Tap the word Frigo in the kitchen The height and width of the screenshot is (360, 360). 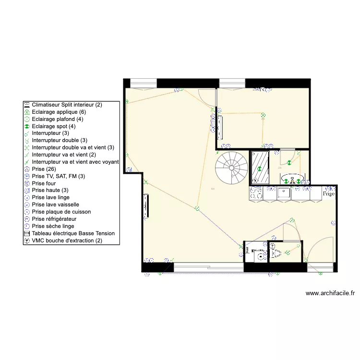328,194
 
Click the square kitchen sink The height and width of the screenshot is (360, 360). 284,193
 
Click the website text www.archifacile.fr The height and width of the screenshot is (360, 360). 330,293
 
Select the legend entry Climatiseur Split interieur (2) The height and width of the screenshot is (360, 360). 67,105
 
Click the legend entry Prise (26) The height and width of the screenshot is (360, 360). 45,169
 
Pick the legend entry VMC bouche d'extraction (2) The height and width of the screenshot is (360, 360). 67,240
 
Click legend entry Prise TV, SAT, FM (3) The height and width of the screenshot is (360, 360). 58,176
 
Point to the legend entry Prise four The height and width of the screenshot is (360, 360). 44,183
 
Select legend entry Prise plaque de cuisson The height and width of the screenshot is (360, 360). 61,212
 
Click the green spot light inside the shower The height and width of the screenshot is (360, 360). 260,169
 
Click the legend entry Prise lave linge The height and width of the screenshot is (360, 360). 50,197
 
